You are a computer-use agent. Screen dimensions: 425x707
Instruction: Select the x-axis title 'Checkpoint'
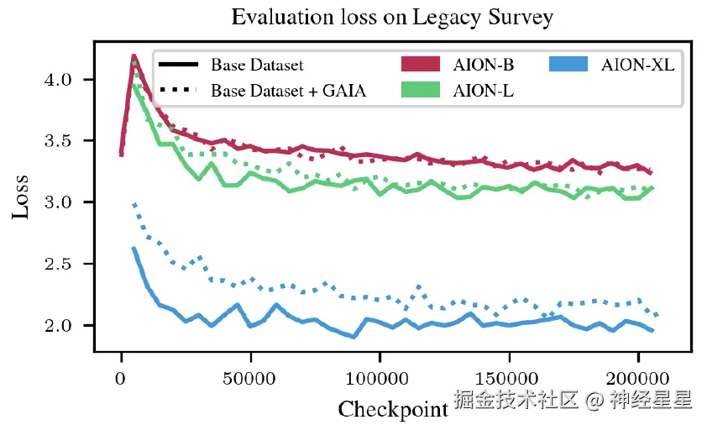point(392,409)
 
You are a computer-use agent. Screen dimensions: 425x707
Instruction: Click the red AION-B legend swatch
point(419,64)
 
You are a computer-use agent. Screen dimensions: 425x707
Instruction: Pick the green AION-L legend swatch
point(419,90)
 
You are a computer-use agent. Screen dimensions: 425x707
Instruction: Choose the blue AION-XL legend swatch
point(573,64)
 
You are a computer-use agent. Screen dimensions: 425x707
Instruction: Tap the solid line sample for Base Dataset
point(177,65)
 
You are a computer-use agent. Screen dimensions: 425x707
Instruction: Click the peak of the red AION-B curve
point(134,56)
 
